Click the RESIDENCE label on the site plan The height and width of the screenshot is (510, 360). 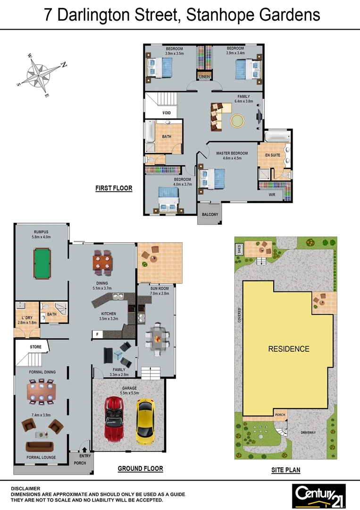coord(289,349)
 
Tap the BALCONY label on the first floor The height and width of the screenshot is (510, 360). coord(209,215)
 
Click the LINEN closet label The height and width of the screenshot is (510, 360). coord(204,76)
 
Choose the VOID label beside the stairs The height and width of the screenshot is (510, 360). coord(167,113)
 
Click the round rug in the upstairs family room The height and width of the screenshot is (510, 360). coord(237,120)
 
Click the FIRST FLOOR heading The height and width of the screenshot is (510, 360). coord(114,188)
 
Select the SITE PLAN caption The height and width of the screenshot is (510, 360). coord(285,470)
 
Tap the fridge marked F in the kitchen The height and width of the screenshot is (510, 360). coord(97,334)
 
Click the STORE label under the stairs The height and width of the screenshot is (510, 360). coord(36,347)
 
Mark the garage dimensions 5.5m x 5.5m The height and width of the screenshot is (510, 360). coord(129,393)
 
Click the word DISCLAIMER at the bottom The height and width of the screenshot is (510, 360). coord(25,489)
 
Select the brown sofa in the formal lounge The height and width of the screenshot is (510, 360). coord(42,447)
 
